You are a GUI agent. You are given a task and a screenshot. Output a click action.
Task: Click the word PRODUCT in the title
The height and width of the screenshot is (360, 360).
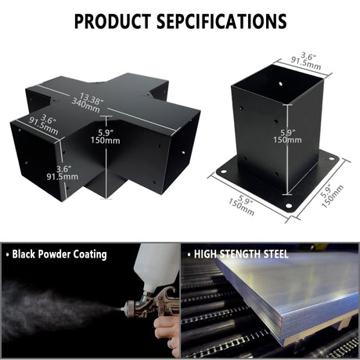[113, 21]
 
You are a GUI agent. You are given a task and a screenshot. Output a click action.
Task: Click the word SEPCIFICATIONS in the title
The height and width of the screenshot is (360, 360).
[221, 21]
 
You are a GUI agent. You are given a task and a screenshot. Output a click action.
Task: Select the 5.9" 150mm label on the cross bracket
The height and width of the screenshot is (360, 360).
[106, 137]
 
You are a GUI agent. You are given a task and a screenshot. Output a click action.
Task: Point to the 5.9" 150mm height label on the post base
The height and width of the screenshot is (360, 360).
[287, 136]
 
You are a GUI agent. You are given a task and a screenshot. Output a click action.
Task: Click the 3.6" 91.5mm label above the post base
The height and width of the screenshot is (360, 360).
[307, 62]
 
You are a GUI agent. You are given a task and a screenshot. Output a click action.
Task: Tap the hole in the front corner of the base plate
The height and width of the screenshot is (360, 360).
[289, 206]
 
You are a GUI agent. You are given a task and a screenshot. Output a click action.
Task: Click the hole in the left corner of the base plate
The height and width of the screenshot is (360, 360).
[224, 171]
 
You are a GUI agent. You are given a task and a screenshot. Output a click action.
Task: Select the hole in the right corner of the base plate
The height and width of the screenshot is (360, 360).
[332, 158]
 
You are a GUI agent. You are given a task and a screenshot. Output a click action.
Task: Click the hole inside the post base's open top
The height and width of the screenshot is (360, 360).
[280, 84]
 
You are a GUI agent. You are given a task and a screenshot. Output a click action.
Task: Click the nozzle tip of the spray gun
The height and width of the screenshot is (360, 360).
[121, 309]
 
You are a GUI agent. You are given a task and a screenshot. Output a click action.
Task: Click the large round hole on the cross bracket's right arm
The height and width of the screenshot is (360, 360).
[183, 152]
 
